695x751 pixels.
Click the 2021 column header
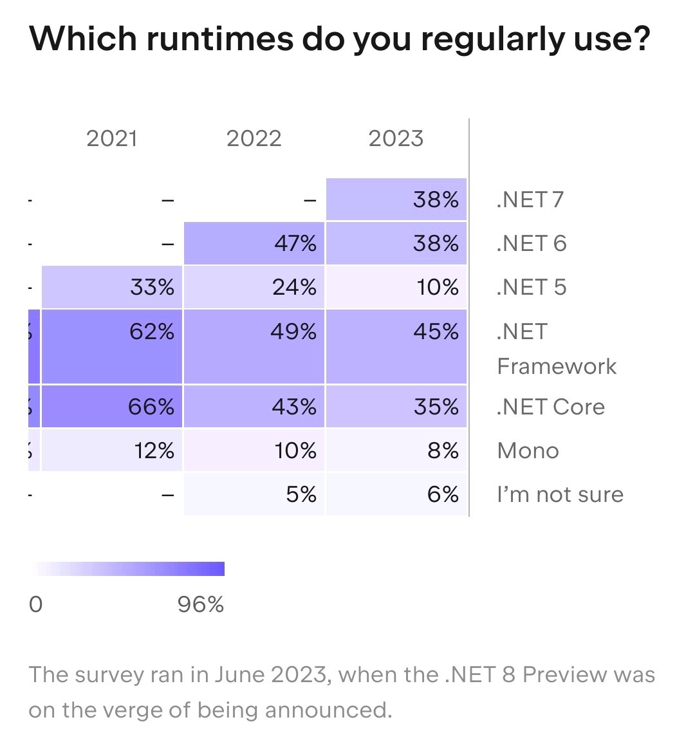click(112, 138)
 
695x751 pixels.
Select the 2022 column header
click(254, 138)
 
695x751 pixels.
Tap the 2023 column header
click(396, 138)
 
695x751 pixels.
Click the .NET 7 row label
click(530, 200)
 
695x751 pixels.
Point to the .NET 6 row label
click(532, 243)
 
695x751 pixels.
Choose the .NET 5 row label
click(532, 287)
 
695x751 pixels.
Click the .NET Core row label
click(551, 407)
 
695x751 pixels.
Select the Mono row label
click(528, 450)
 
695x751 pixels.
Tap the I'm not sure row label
click(560, 494)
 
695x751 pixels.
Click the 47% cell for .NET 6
click(255, 243)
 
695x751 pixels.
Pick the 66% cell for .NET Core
click(112, 407)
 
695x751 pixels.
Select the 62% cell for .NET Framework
click(112, 347)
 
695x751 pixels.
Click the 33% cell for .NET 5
click(112, 287)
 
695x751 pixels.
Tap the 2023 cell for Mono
click(396, 450)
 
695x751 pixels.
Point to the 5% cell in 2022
click(255, 494)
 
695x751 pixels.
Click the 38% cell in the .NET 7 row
click(396, 200)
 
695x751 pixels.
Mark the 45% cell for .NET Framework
click(396, 347)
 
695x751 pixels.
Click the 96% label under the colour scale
click(201, 604)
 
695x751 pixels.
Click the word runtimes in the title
click(217, 39)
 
